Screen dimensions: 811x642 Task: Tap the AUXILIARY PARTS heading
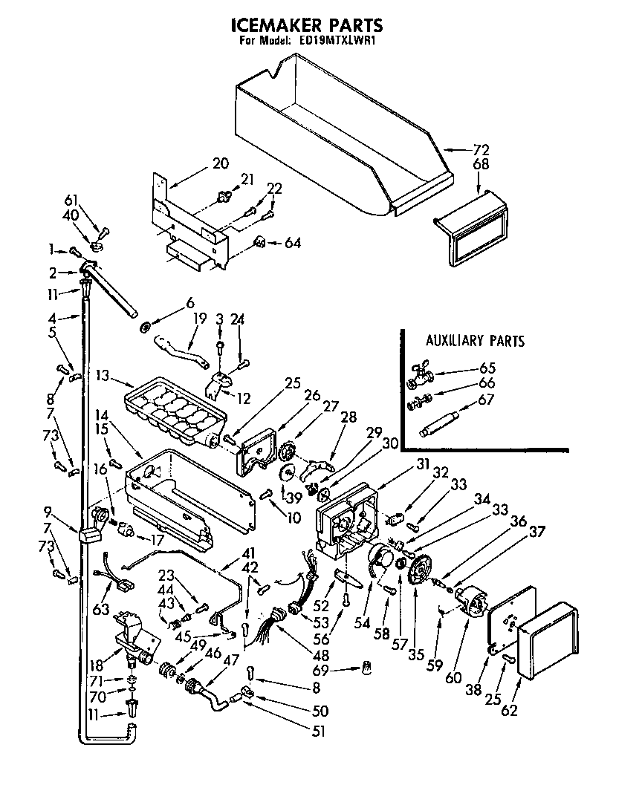coord(475,341)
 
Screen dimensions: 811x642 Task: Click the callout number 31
coord(423,463)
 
